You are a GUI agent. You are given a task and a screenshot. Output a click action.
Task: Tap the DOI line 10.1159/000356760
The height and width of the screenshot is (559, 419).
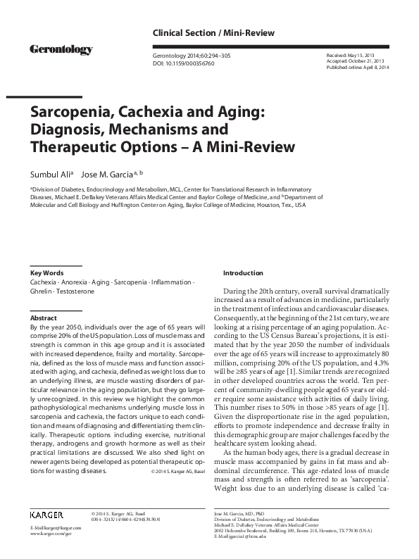coord(184,63)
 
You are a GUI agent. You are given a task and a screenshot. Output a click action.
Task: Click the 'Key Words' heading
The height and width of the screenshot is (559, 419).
coord(47,272)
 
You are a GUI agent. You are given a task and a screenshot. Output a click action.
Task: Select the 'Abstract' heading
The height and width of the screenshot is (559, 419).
coord(43,318)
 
